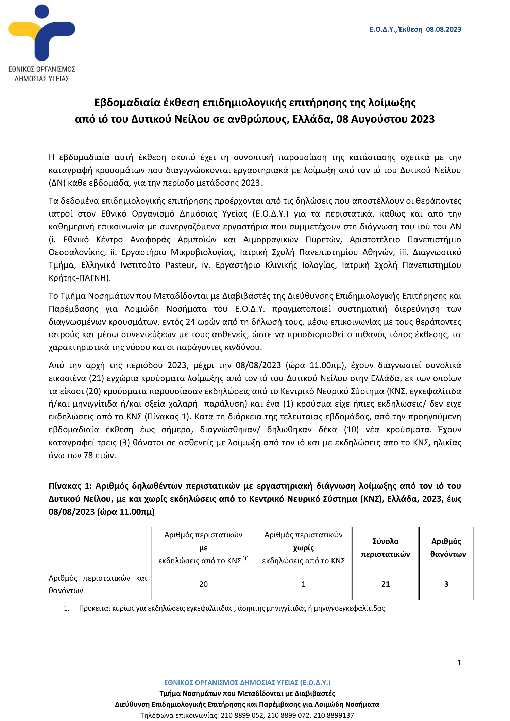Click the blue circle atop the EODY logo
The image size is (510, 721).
click(x=42, y=12)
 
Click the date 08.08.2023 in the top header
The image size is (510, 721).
click(x=443, y=29)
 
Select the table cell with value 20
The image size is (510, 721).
click(x=203, y=584)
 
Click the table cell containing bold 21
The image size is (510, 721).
click(x=385, y=584)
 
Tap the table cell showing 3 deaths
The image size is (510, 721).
click(x=446, y=584)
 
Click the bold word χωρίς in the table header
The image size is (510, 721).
click(x=303, y=548)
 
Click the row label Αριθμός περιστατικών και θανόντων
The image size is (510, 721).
click(x=98, y=584)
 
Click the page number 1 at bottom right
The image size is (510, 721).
click(x=459, y=662)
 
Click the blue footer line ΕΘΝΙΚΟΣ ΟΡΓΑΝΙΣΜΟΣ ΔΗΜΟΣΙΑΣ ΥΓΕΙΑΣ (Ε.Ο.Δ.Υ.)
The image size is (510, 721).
click(x=247, y=682)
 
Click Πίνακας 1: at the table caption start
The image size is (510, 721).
click(x=70, y=486)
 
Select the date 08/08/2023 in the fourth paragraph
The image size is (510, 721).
click(x=258, y=365)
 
